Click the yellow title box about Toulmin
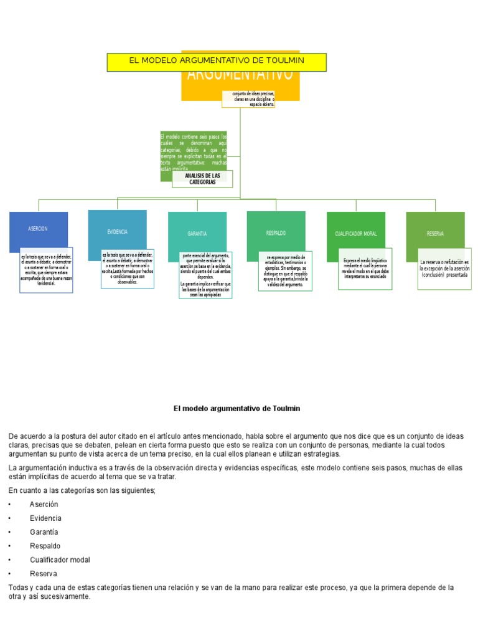pos(217,62)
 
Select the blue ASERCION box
pos(38,229)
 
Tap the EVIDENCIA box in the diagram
pos(117,231)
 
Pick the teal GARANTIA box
pos(197,234)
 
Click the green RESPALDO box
pos(276,232)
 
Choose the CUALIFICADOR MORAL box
pos(355,234)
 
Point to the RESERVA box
pos(435,234)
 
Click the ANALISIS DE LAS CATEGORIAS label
pos(202,179)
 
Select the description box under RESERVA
pos(444,269)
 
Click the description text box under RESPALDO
pos(286,271)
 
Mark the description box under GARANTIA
pos(205,275)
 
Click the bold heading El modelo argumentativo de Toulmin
pos(237,408)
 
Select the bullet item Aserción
pos(44,504)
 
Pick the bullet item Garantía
pos(44,532)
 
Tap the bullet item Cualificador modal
pos(60,559)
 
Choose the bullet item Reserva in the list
pos(43,573)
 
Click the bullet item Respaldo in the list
pos(45,546)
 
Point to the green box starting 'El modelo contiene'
pos(194,149)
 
